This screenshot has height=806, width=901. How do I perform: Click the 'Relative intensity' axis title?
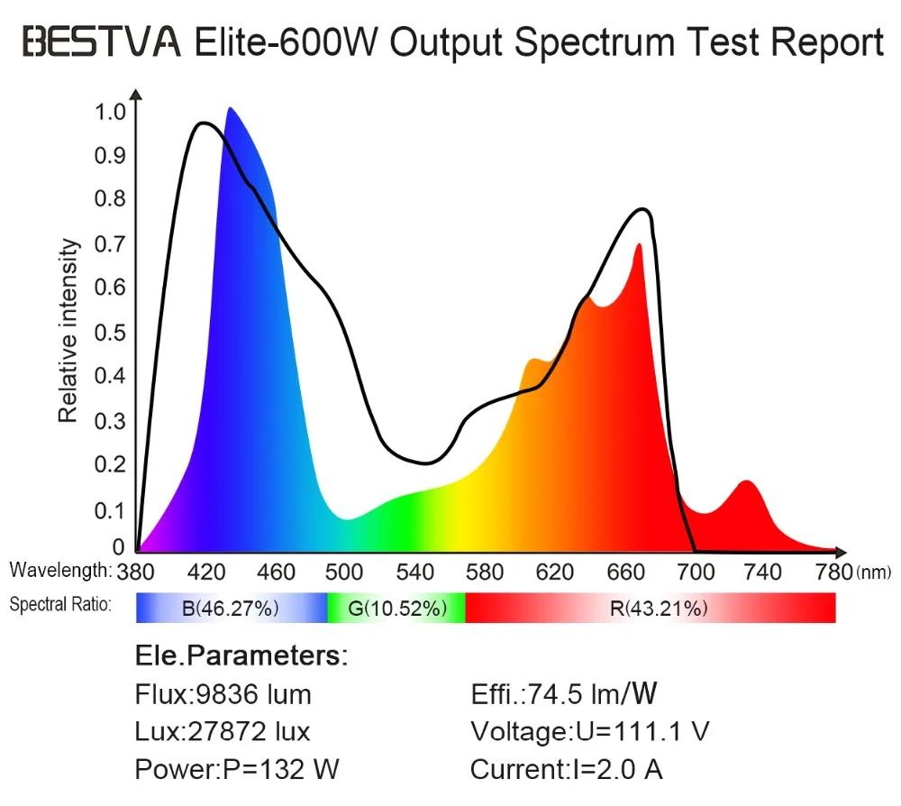click(68, 331)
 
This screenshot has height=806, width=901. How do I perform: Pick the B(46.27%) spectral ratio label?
click(230, 609)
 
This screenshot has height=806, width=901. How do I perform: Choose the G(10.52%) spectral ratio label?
click(397, 609)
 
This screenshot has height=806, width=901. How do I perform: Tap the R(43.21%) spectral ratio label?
click(658, 609)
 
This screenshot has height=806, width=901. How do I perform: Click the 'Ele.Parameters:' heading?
click(241, 655)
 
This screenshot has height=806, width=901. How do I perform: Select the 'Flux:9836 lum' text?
click(223, 694)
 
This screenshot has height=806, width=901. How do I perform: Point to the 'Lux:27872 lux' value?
click(223, 731)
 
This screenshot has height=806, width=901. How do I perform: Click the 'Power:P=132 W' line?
click(237, 770)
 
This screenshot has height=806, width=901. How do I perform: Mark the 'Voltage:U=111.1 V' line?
click(589, 731)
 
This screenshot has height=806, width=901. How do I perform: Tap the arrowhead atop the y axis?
click(136, 94)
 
